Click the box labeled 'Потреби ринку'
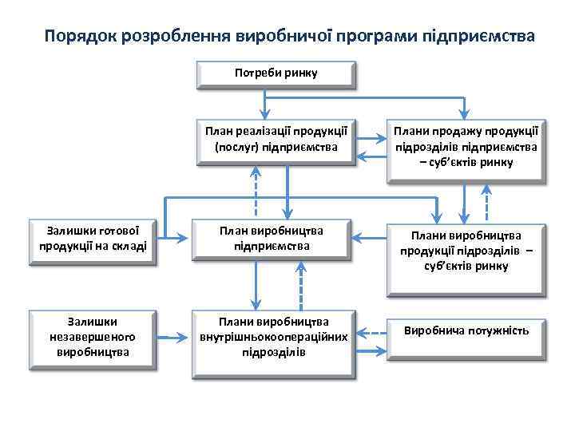(x=276, y=73)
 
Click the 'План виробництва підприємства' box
(x=272, y=237)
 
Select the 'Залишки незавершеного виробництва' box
(x=93, y=336)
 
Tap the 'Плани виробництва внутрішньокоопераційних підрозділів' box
(x=273, y=336)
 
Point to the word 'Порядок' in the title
(x=81, y=37)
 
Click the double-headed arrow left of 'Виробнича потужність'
(x=370, y=330)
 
